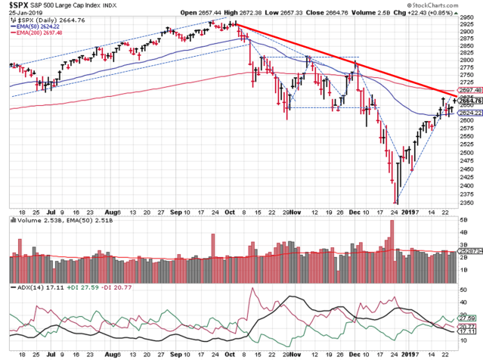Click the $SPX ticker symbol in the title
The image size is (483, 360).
coord(19,5)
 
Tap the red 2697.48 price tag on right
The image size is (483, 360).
coord(469,89)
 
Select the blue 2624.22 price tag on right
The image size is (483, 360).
coord(469,113)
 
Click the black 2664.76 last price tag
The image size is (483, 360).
coord(469,101)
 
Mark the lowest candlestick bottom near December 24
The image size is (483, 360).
coord(396,203)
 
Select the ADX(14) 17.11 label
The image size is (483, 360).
coord(27,288)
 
